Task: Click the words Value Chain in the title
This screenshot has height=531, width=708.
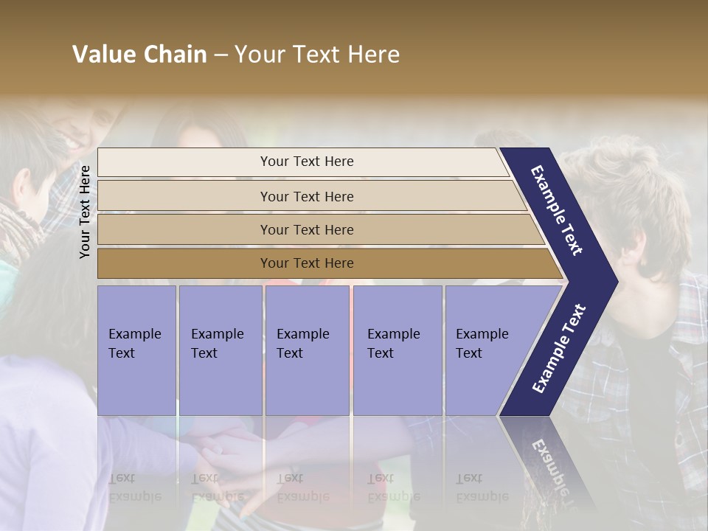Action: click(x=139, y=55)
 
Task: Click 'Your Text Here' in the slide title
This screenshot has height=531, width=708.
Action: click(x=317, y=55)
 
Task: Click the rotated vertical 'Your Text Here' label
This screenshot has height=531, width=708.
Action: click(x=85, y=212)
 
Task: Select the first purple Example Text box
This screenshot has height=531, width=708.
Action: click(x=136, y=350)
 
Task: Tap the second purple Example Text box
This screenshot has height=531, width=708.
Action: click(x=220, y=350)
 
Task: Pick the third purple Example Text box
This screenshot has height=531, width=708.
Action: click(x=307, y=350)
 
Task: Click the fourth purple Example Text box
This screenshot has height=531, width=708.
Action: click(x=397, y=350)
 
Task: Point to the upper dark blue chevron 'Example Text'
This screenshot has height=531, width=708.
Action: click(x=558, y=210)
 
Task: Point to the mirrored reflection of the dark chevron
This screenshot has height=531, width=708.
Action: click(x=549, y=461)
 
